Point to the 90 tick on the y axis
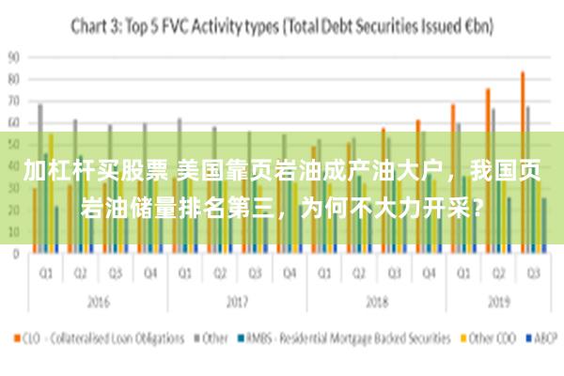point(13,56)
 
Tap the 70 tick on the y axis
point(13,100)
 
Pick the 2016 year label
point(97,304)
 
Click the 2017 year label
point(237,304)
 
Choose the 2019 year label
point(498,304)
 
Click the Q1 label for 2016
point(44,273)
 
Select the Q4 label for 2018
point(429,273)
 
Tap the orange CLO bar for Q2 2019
point(488,170)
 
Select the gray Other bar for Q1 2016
point(39,178)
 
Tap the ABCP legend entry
point(542,337)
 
